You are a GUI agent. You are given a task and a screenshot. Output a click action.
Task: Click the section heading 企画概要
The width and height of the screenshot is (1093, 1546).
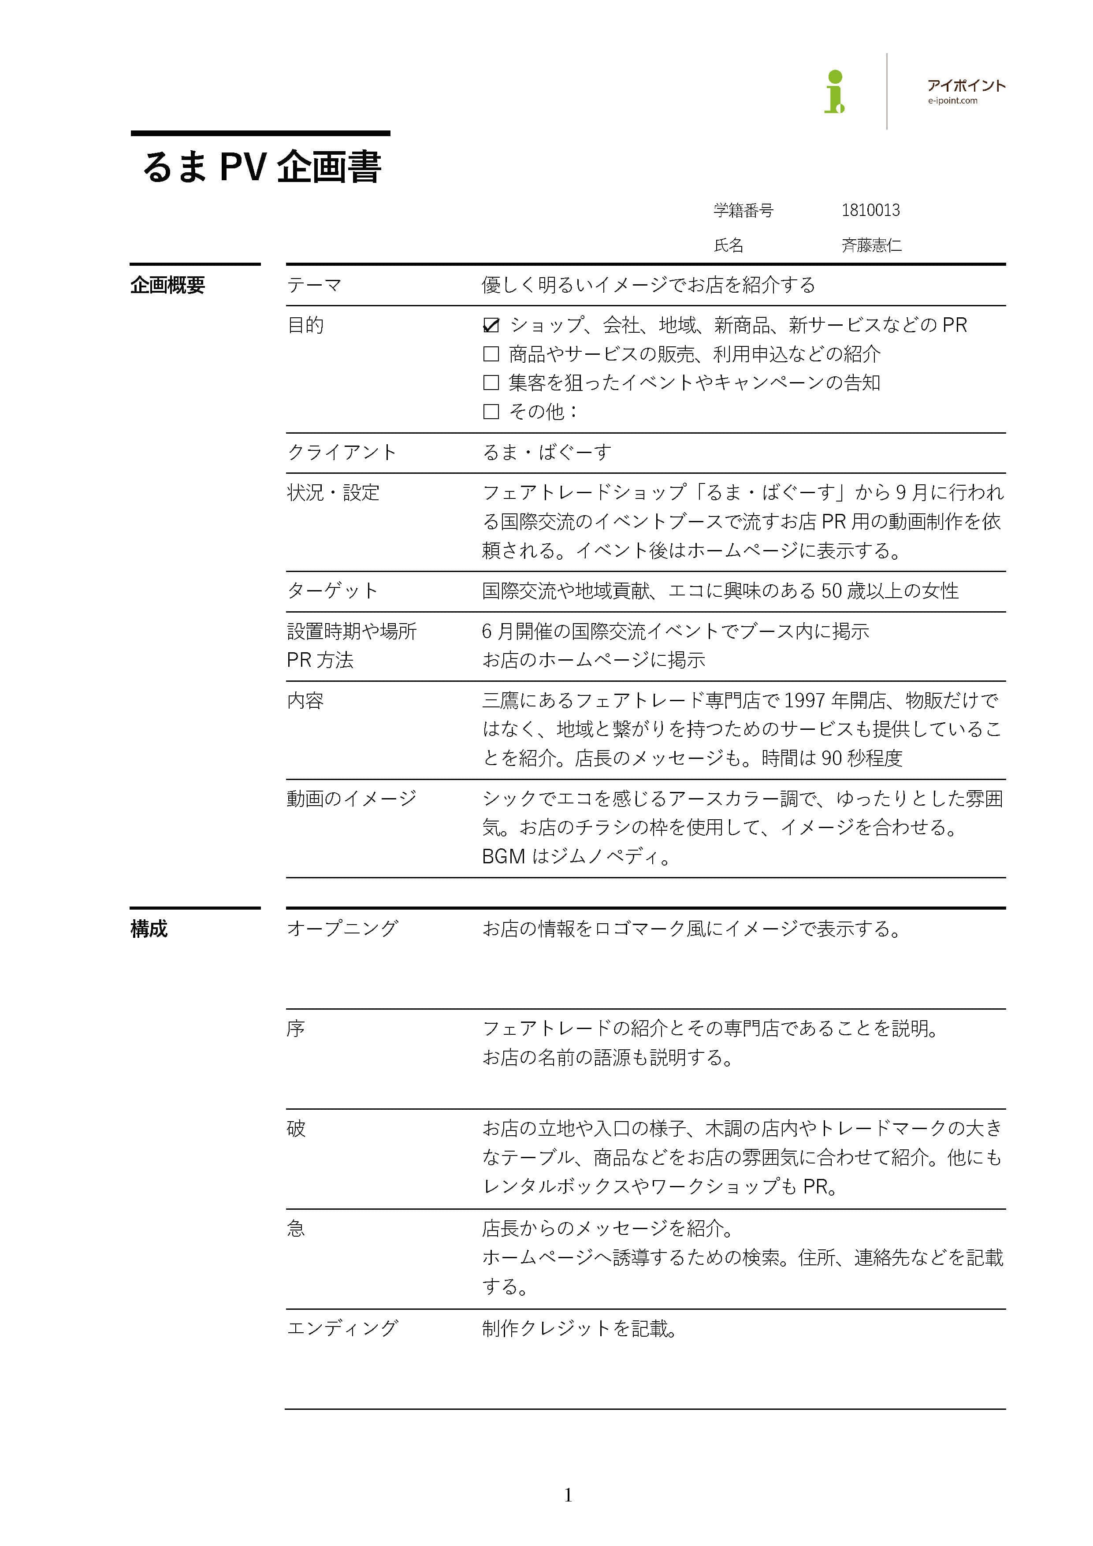pyautogui.click(x=167, y=286)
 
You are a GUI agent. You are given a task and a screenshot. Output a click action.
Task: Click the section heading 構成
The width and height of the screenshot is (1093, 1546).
pyautogui.click(x=149, y=929)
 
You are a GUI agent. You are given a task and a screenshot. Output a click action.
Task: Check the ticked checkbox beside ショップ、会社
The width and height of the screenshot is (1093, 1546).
pyautogui.click(x=491, y=326)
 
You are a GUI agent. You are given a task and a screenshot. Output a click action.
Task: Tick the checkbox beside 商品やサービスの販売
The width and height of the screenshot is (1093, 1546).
pyautogui.click(x=491, y=354)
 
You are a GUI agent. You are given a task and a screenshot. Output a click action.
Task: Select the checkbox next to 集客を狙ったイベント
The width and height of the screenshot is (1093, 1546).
pyautogui.click(x=491, y=383)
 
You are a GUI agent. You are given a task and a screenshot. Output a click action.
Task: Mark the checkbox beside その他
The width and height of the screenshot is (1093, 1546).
pyautogui.click(x=491, y=412)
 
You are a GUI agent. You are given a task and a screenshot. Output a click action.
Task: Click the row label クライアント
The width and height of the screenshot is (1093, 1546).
pyautogui.click(x=342, y=453)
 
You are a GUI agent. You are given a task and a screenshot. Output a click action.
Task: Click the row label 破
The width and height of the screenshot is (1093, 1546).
pyautogui.click(x=296, y=1129)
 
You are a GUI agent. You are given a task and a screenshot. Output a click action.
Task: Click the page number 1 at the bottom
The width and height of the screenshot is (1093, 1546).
pyautogui.click(x=568, y=1495)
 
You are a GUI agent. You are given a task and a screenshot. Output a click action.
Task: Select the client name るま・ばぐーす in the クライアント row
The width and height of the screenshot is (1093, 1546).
pyautogui.click(x=547, y=453)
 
